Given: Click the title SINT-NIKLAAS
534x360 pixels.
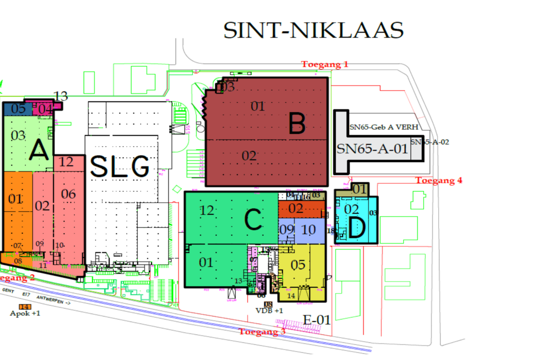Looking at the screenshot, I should (313, 30).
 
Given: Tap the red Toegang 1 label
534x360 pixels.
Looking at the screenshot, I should (324, 64).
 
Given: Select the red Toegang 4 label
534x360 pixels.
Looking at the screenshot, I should (438, 180).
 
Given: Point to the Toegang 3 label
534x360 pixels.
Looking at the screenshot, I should (262, 332).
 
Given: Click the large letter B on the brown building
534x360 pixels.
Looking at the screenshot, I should (297, 123).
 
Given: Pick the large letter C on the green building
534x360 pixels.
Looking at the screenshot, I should (253, 219).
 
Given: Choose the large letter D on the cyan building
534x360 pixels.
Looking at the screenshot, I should (356, 228).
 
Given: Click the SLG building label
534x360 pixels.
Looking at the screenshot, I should (120, 166).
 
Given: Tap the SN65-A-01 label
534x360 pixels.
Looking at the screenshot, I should (372, 149).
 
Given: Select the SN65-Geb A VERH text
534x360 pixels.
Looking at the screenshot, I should (384, 127).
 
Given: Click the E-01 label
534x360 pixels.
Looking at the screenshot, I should (316, 320).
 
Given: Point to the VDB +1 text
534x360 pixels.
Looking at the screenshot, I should (269, 311).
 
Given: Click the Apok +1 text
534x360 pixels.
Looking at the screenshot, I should (25, 313).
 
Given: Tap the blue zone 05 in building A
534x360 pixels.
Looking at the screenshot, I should (18, 109).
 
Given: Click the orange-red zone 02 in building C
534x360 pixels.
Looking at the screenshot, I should (296, 209).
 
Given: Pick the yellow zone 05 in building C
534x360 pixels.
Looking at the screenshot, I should (298, 265).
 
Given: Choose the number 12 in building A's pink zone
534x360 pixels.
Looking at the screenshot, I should (66, 162).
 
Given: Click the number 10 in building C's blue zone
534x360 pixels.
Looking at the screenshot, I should (308, 230).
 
